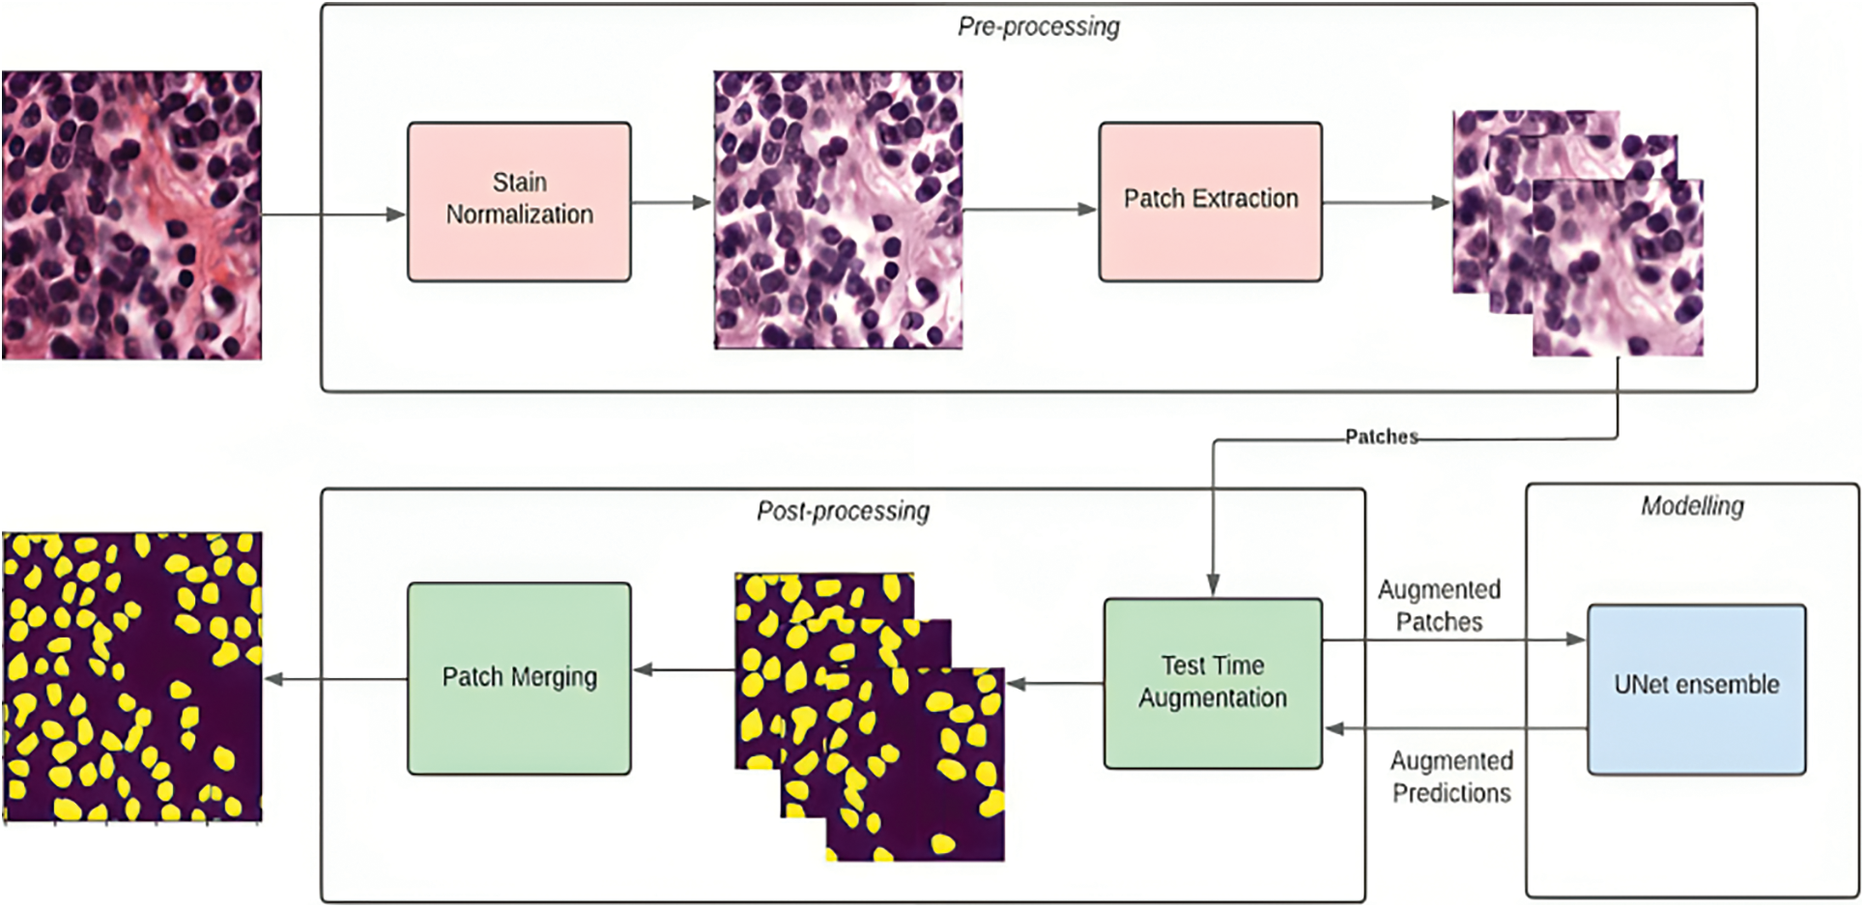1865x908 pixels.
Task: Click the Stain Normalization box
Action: point(519,201)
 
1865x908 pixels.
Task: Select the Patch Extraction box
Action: point(1210,201)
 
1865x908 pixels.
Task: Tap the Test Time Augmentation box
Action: point(1213,683)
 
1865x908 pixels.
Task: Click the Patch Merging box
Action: point(519,677)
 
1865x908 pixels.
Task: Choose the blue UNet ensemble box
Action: point(1696,689)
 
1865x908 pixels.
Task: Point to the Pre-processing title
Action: point(1039,27)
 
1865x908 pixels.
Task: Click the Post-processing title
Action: point(843,511)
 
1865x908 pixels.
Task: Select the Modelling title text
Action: point(1692,506)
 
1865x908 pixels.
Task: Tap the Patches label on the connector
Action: point(1382,437)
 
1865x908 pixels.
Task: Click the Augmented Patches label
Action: point(1439,606)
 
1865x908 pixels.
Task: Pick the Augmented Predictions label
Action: point(1451,777)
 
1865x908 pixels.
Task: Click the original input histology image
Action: point(131,214)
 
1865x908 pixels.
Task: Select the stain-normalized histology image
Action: point(838,210)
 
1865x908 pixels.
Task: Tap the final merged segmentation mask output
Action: point(131,676)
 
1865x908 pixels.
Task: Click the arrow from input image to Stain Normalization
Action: point(333,214)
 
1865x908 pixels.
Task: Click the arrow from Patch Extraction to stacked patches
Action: point(1386,203)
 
